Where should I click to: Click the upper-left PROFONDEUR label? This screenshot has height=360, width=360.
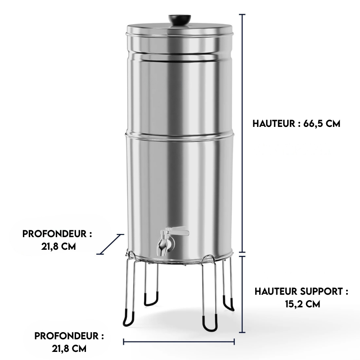tap(57, 234)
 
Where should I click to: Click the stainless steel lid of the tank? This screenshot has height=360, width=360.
tap(180, 31)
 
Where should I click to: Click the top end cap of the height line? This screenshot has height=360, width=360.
tap(243, 14)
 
